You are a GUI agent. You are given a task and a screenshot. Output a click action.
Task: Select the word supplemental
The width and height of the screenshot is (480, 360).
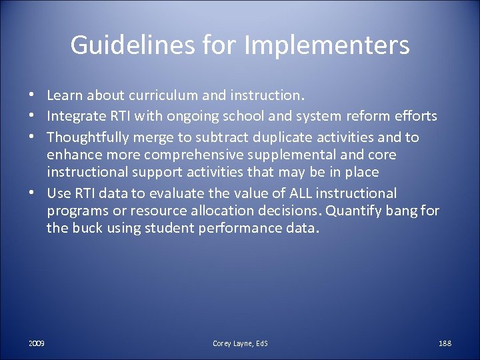coord(296,155)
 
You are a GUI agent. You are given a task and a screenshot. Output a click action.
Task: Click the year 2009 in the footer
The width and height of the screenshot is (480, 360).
coord(37,343)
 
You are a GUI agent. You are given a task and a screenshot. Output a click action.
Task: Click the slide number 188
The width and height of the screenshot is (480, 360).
coord(445,343)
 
